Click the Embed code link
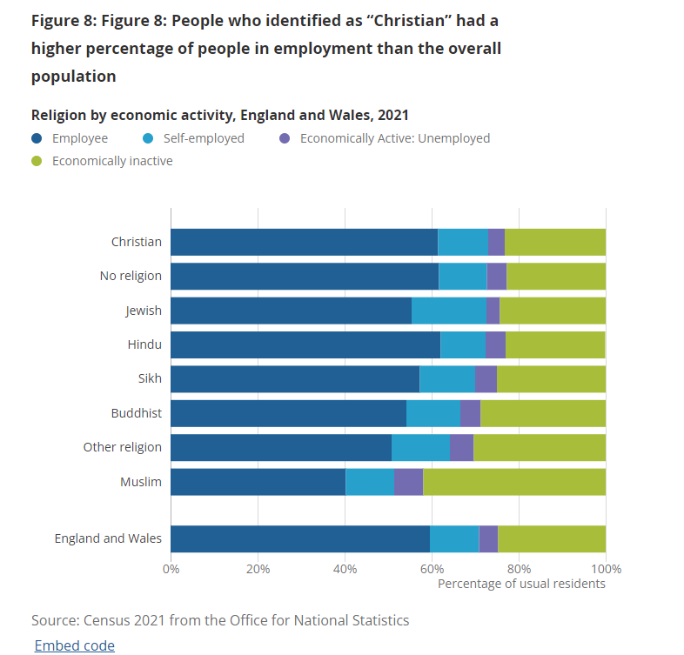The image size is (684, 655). pyautogui.click(x=75, y=645)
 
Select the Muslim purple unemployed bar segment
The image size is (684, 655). pyautogui.click(x=408, y=482)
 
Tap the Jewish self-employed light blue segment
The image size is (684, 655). pyautogui.click(x=449, y=311)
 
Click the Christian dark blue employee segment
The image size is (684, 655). pyautogui.click(x=304, y=242)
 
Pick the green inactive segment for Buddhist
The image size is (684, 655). pyautogui.click(x=543, y=413)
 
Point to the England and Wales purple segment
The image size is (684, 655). pyautogui.click(x=488, y=539)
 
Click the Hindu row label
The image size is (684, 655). pyautogui.click(x=144, y=344)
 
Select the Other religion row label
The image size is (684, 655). pyautogui.click(x=122, y=447)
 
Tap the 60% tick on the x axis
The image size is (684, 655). pyautogui.click(x=432, y=569)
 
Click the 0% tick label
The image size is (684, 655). pyautogui.click(x=171, y=569)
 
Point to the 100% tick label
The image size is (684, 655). pyautogui.click(x=606, y=569)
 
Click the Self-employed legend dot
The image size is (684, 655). pyautogui.click(x=148, y=138)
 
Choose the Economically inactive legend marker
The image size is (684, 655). pyautogui.click(x=37, y=161)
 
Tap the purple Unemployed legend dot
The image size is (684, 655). pyautogui.click(x=285, y=138)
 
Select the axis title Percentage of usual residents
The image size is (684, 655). pyautogui.click(x=521, y=584)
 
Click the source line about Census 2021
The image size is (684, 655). pyautogui.click(x=220, y=620)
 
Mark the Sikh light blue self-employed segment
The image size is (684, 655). pyautogui.click(x=447, y=379)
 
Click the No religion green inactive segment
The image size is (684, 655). pyautogui.click(x=556, y=277)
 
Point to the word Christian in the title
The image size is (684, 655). pyautogui.click(x=410, y=21)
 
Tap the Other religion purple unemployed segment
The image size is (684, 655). pyautogui.click(x=461, y=448)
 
